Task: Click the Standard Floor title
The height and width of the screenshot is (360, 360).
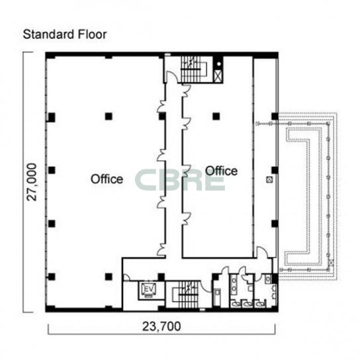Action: (65, 34)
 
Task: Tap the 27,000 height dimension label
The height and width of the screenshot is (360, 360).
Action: (32, 182)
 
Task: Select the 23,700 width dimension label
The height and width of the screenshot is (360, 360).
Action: (161, 326)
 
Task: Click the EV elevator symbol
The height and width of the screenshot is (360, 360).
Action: (149, 289)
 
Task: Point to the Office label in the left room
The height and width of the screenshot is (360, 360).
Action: (107, 179)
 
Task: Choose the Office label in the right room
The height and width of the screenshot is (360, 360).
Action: (221, 171)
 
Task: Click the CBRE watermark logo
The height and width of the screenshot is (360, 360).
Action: (180, 180)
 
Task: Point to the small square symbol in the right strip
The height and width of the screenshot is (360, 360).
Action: (269, 179)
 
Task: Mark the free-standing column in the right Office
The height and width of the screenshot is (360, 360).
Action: (216, 116)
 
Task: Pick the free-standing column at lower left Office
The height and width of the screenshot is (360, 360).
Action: (109, 277)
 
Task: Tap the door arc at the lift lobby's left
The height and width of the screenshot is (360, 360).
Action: (126, 277)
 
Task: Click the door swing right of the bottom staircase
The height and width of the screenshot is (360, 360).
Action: (206, 287)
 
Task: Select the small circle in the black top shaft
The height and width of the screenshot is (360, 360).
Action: (219, 64)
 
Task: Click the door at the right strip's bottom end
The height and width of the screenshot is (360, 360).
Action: (262, 252)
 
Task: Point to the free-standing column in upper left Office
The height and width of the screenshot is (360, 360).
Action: (109, 116)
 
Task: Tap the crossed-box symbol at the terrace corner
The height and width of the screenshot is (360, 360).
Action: (331, 262)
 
